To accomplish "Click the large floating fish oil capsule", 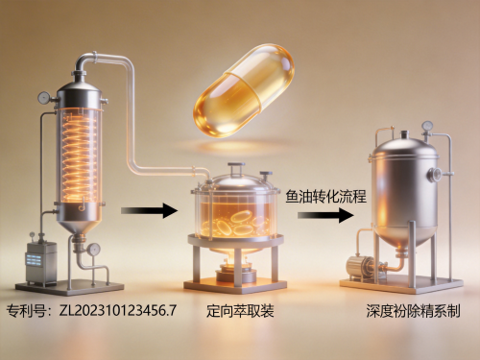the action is point(244,91).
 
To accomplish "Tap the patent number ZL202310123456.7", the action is point(118,311).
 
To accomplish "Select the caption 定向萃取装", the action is point(240,311).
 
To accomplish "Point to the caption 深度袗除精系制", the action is point(413,311).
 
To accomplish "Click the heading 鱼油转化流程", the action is point(325,196).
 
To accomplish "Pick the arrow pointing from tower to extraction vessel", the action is point(149,210).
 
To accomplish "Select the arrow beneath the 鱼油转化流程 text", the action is point(325,215).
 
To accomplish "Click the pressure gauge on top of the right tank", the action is point(427,126).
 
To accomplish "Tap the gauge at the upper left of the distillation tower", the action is point(44,98).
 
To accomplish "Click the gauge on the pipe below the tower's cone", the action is point(93,250).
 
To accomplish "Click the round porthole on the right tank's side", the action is point(435,174).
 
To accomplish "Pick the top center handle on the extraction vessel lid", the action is point(236,168).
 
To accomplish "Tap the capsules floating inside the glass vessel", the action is point(237,224).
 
